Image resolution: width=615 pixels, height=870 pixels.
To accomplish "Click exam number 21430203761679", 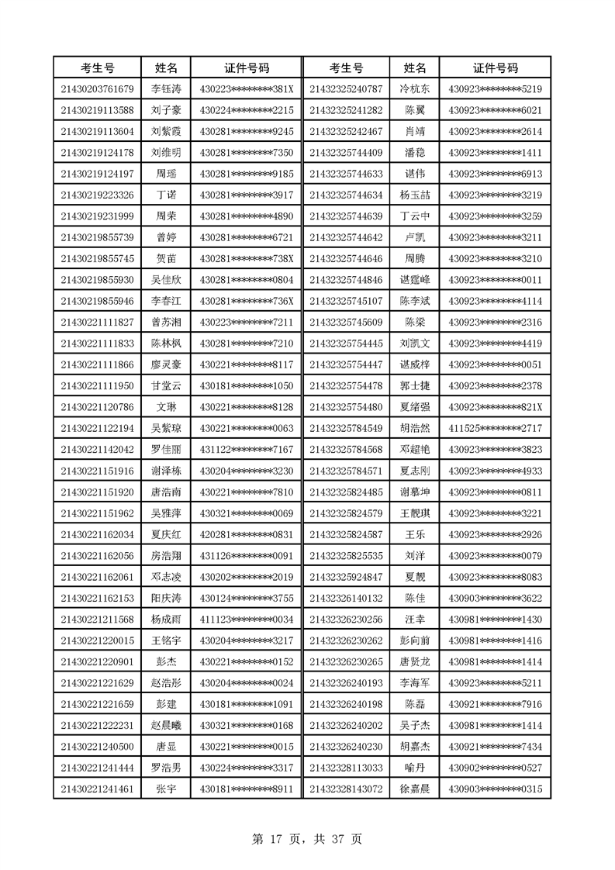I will (97, 88).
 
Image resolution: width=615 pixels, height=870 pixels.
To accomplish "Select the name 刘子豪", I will (166, 109).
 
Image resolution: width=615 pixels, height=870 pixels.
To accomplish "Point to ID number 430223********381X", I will (247, 88).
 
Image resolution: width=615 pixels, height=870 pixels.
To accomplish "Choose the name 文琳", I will (166, 406).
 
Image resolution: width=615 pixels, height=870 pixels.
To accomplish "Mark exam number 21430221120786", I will (97, 406).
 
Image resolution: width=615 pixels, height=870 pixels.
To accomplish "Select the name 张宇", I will (166, 789).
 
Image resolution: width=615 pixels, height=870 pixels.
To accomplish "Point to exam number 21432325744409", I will (345, 152).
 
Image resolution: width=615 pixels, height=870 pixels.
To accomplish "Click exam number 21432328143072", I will (345, 789).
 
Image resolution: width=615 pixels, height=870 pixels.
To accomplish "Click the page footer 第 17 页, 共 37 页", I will (307, 839).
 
